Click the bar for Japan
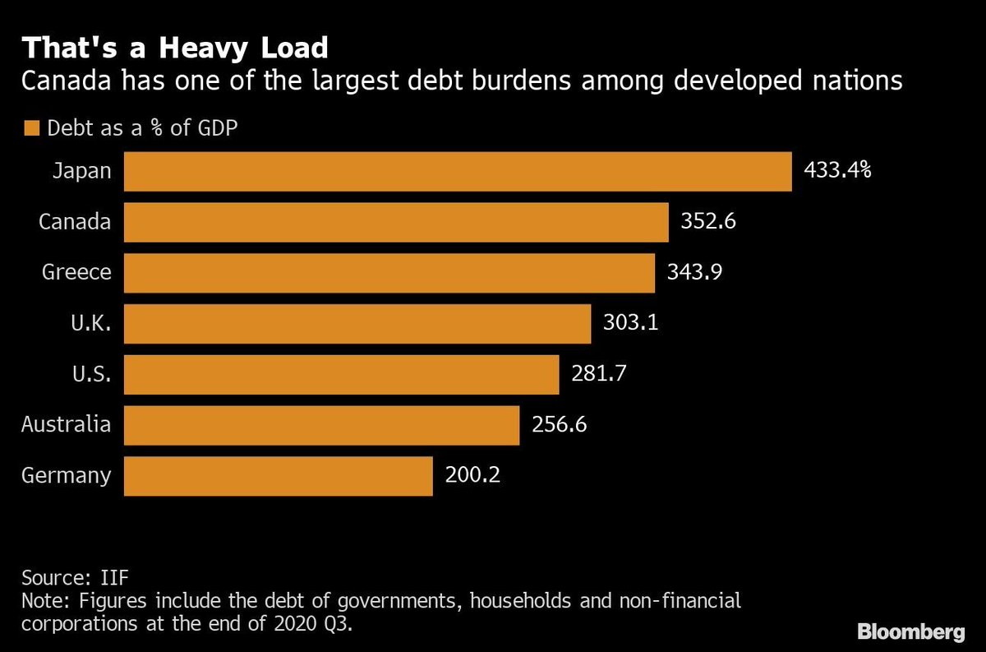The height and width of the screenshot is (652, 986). click(458, 171)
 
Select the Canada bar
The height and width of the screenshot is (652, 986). click(396, 222)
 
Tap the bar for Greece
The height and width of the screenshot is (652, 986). click(389, 273)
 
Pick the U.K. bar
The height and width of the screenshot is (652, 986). click(357, 324)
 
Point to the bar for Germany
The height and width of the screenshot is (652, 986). click(279, 476)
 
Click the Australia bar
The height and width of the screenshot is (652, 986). click(321, 425)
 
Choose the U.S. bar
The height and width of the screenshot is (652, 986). click(342, 375)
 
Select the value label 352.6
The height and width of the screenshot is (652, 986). click(709, 222)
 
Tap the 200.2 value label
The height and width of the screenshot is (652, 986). click(472, 476)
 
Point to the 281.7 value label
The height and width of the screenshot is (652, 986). click(599, 375)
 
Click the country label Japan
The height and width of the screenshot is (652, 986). click(81, 171)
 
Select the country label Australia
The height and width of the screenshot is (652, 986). click(66, 425)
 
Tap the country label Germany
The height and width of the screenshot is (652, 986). click(66, 476)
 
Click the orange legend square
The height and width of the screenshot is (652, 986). click(32, 128)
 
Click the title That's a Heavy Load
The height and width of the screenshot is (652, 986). click(175, 48)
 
